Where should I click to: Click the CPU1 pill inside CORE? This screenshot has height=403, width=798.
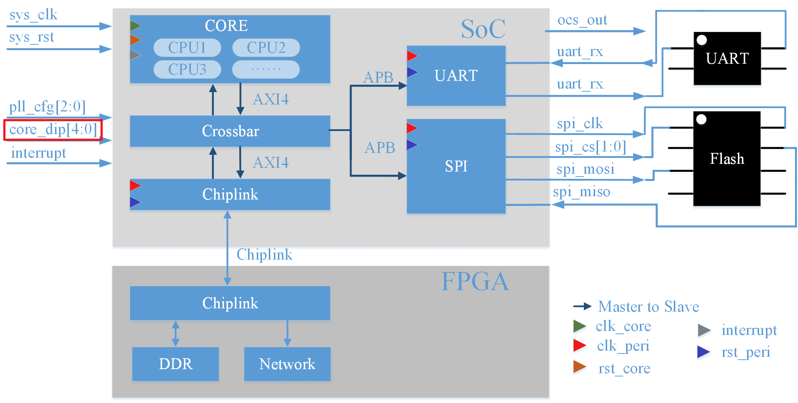[x=187, y=48]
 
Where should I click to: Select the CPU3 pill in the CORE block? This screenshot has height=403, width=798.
[x=187, y=69]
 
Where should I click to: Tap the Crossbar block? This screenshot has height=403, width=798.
[x=230, y=131]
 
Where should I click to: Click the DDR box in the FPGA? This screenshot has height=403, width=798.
[x=176, y=364]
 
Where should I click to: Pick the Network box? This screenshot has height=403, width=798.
[x=287, y=364]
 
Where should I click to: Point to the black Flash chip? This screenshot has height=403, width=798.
[x=727, y=159]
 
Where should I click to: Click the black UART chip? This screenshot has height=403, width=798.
[x=727, y=59]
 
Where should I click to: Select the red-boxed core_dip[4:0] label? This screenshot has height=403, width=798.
[x=53, y=130]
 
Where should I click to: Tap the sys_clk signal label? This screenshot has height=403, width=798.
[x=34, y=15]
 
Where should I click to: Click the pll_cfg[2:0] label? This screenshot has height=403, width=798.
[x=47, y=107]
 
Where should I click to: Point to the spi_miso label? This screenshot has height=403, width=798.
[x=581, y=191]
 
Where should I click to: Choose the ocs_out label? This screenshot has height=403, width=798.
[x=582, y=20]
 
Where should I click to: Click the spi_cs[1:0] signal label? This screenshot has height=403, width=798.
[x=590, y=147]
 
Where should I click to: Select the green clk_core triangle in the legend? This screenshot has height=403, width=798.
[x=579, y=326]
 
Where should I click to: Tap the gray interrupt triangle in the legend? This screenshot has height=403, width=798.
[x=704, y=330]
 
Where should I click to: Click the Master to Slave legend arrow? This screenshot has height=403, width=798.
[x=582, y=307]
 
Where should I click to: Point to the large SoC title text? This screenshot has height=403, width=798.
[x=483, y=29]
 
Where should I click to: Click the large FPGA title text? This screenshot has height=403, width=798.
[x=475, y=281]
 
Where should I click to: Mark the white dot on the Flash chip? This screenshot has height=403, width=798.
[x=701, y=119]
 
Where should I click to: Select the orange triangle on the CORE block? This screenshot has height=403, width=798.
[x=135, y=40]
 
